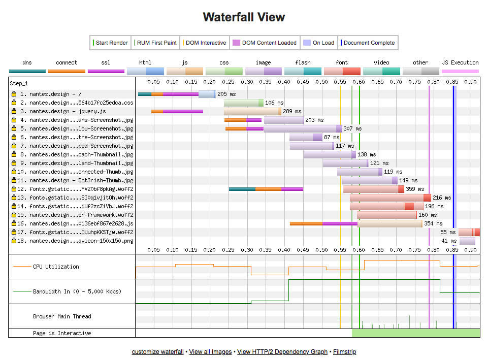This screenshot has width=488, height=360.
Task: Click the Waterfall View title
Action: coord(244,17)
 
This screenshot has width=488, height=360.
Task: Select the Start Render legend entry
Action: coord(111,43)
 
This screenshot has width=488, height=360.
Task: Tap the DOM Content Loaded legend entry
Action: coord(265,43)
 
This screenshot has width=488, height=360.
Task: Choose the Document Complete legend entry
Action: coord(368,43)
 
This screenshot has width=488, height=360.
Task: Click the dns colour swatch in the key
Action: coord(27,71)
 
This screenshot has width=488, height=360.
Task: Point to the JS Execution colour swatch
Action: coord(460,71)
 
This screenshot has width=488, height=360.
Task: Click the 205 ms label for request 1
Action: coord(226,94)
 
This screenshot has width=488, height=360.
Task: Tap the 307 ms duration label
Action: coord(352,128)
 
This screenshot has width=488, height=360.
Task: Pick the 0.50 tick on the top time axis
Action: coord(321,82)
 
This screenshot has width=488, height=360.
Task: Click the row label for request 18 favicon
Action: coord(75,241)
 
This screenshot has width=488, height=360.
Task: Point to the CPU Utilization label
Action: coord(56,267)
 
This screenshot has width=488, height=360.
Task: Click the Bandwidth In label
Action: coord(77,291)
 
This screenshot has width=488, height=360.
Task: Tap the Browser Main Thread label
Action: coord(62,316)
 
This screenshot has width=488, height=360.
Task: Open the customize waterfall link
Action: coord(157,351)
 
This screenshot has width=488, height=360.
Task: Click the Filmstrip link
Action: coord(344,351)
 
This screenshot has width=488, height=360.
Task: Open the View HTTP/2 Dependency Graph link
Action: coord(282,351)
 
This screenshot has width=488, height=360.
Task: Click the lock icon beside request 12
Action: coord(14,188)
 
